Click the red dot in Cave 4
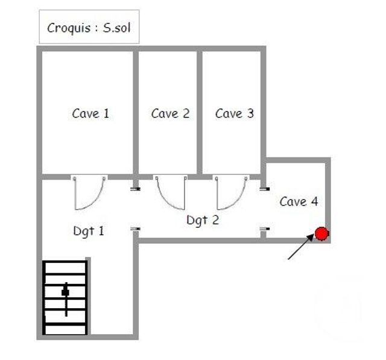click(x=322, y=234)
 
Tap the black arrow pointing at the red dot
click(x=300, y=247)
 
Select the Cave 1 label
click(x=90, y=113)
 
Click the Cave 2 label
click(x=170, y=113)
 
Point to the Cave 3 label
click(x=235, y=113)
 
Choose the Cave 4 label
click(x=299, y=201)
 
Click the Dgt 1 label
click(x=89, y=230)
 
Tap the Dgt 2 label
click(x=203, y=220)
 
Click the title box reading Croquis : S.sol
click(x=89, y=27)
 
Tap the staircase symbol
click(x=65, y=297)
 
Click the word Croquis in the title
click(x=69, y=28)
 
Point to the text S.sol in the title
click(x=117, y=28)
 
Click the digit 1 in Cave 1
click(x=106, y=113)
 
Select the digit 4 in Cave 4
click(x=314, y=201)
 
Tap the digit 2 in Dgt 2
click(x=215, y=220)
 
